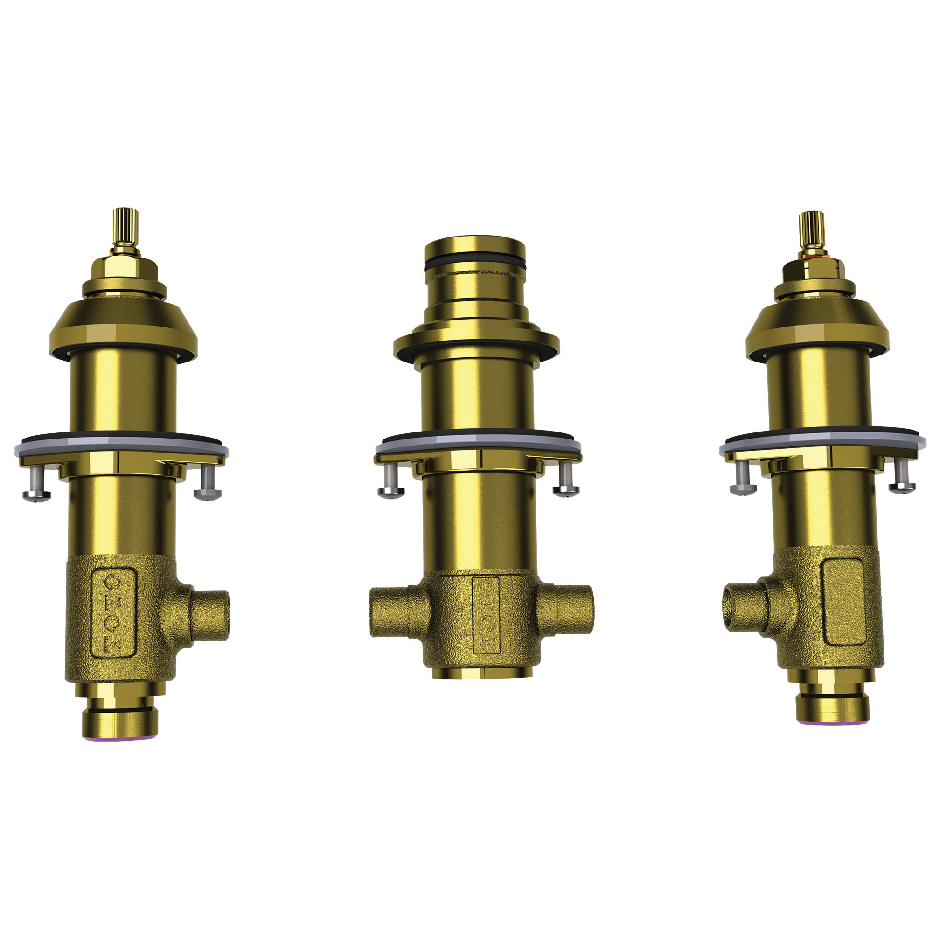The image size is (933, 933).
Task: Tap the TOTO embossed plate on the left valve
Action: coord(114,612)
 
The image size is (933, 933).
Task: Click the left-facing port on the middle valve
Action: coord(389,612)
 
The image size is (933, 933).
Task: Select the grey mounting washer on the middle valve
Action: coord(478,443)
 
